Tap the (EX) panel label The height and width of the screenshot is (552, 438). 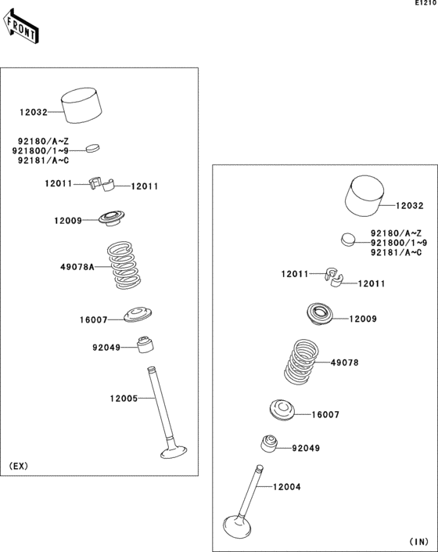click(19, 466)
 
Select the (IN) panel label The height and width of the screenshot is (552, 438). click(419, 541)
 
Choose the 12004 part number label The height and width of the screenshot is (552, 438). click(286, 487)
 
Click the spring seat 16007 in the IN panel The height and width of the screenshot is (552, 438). click(282, 410)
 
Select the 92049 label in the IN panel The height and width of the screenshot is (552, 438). click(306, 449)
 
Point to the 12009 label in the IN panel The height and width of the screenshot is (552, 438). click(363, 319)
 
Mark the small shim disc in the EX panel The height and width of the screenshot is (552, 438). click(93, 146)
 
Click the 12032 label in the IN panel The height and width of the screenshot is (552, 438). click(409, 206)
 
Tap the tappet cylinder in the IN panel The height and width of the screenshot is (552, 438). click(364, 198)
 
